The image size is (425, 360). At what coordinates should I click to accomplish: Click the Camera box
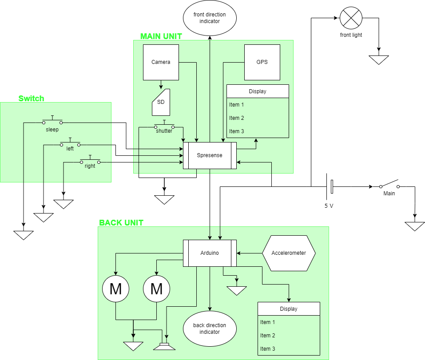pos(161,62)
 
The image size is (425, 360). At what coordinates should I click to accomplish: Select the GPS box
pos(262,62)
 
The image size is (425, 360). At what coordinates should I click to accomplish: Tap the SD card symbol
pos(161,102)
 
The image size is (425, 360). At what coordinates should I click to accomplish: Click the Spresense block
pos(210,155)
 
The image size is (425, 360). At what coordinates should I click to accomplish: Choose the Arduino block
pos(210,253)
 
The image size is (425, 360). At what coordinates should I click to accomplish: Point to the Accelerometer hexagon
pos(289,253)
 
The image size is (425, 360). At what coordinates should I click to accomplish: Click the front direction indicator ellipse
pos(210,18)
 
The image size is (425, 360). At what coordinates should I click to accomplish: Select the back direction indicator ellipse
pos(210,329)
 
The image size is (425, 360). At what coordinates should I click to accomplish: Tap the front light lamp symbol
pos(351,18)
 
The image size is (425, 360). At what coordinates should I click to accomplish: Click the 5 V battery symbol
pos(330,187)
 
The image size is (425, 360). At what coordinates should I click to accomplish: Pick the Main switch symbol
pos(389,186)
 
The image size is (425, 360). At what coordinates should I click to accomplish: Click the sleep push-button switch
pos(52,122)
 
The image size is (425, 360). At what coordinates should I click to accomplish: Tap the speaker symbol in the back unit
pos(165,345)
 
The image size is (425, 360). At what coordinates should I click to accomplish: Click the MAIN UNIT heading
pos(161,36)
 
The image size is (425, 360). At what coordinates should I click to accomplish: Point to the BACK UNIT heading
pos(121,223)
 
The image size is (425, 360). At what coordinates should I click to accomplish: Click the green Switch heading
pos(31,99)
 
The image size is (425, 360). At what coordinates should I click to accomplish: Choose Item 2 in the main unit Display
pos(237,118)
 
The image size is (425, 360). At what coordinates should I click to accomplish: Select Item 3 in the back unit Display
pos(268,349)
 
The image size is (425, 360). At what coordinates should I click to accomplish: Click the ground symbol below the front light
pos(378,59)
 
